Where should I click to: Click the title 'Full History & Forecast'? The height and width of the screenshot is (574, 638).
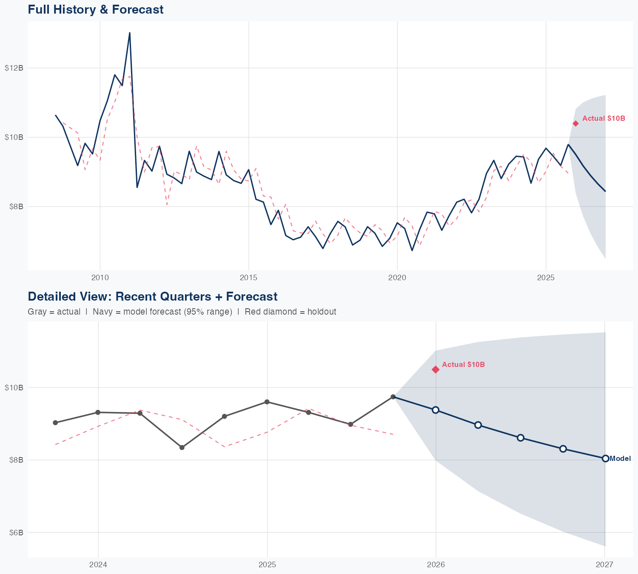click(x=95, y=10)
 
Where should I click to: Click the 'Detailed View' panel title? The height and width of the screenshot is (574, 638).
click(x=152, y=297)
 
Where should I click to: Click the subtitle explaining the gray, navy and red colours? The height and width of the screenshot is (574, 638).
click(x=182, y=312)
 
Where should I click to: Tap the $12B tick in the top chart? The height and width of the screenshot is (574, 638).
click(x=14, y=68)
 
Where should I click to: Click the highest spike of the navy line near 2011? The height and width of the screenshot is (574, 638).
click(x=130, y=33)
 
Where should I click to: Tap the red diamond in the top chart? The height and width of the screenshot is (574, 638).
click(x=575, y=123)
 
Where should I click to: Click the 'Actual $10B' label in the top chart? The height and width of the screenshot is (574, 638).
click(x=604, y=119)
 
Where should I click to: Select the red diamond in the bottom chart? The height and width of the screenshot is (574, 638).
click(x=436, y=369)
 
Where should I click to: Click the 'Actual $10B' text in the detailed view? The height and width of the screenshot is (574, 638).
click(x=463, y=365)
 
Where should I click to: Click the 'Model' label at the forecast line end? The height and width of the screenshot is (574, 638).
click(x=620, y=459)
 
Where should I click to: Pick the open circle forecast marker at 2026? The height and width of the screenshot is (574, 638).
click(x=436, y=410)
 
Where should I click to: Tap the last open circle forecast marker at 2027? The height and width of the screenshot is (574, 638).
click(x=605, y=458)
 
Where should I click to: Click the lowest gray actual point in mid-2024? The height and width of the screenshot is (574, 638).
click(x=182, y=447)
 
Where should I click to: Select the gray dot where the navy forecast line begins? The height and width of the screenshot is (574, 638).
click(x=393, y=397)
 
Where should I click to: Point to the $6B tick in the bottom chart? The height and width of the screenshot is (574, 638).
click(x=14, y=533)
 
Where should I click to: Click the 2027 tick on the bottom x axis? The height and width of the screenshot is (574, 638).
click(x=604, y=565)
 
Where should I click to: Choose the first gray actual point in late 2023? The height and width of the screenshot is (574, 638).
click(x=55, y=423)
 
